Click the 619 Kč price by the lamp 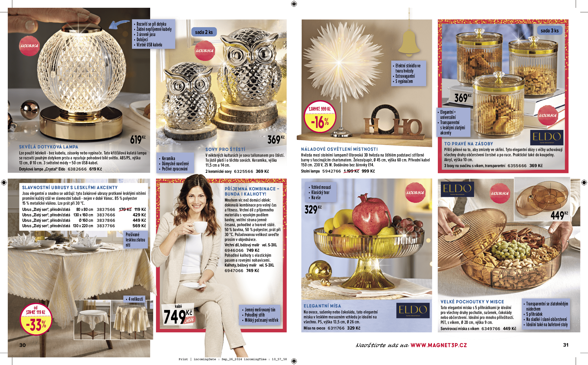[138, 140]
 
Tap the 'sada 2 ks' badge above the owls [204, 32]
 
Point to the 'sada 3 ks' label [550, 31]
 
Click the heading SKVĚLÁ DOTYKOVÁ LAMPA [48, 147]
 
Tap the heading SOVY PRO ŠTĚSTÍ [225, 149]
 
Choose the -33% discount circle [36, 319]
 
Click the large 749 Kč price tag [178, 315]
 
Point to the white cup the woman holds [200, 227]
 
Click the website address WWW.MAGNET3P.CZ [439, 345]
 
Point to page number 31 [566, 345]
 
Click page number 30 [23, 345]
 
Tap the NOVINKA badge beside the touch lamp [29, 46]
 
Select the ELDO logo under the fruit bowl [413, 310]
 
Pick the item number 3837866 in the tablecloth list [106, 220]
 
